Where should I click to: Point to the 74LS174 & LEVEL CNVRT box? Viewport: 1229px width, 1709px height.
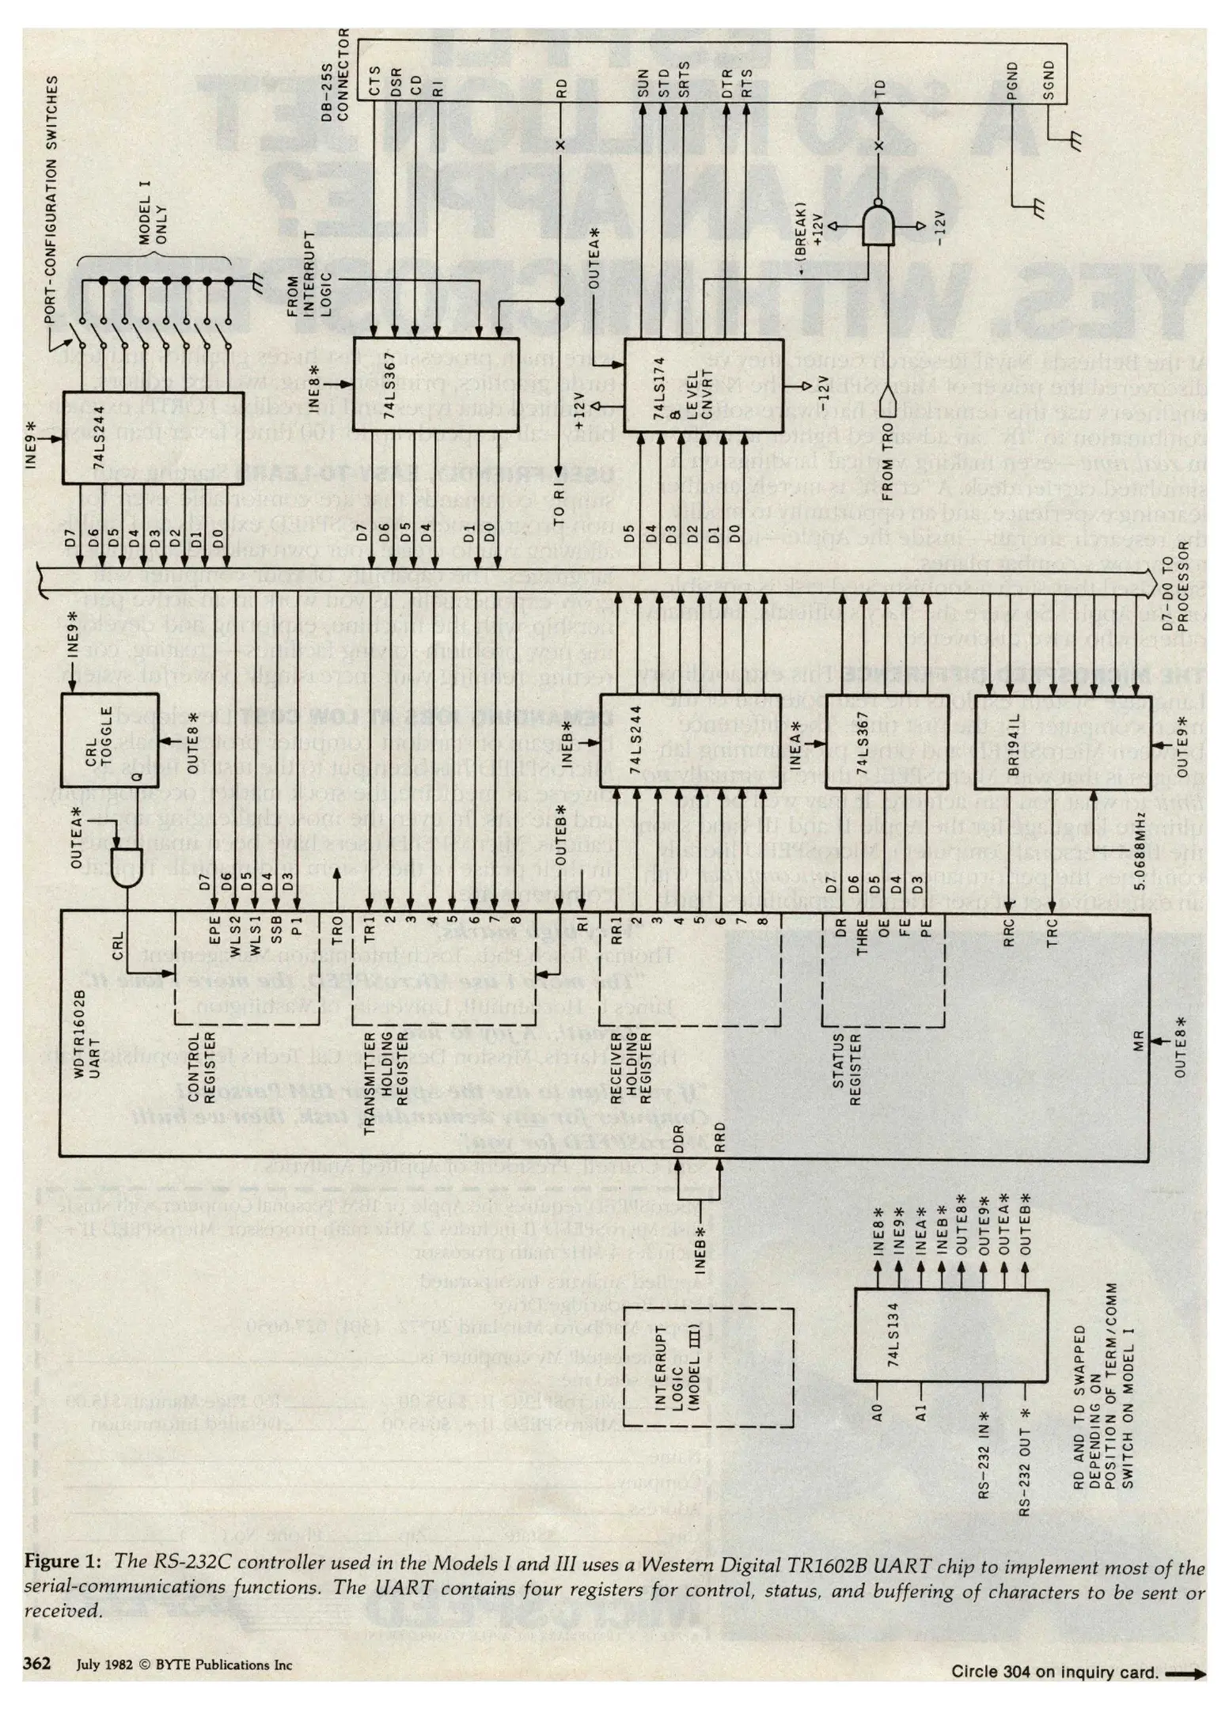click(704, 385)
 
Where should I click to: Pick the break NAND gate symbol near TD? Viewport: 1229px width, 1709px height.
click(878, 225)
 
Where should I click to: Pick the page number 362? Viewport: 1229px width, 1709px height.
click(37, 1663)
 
